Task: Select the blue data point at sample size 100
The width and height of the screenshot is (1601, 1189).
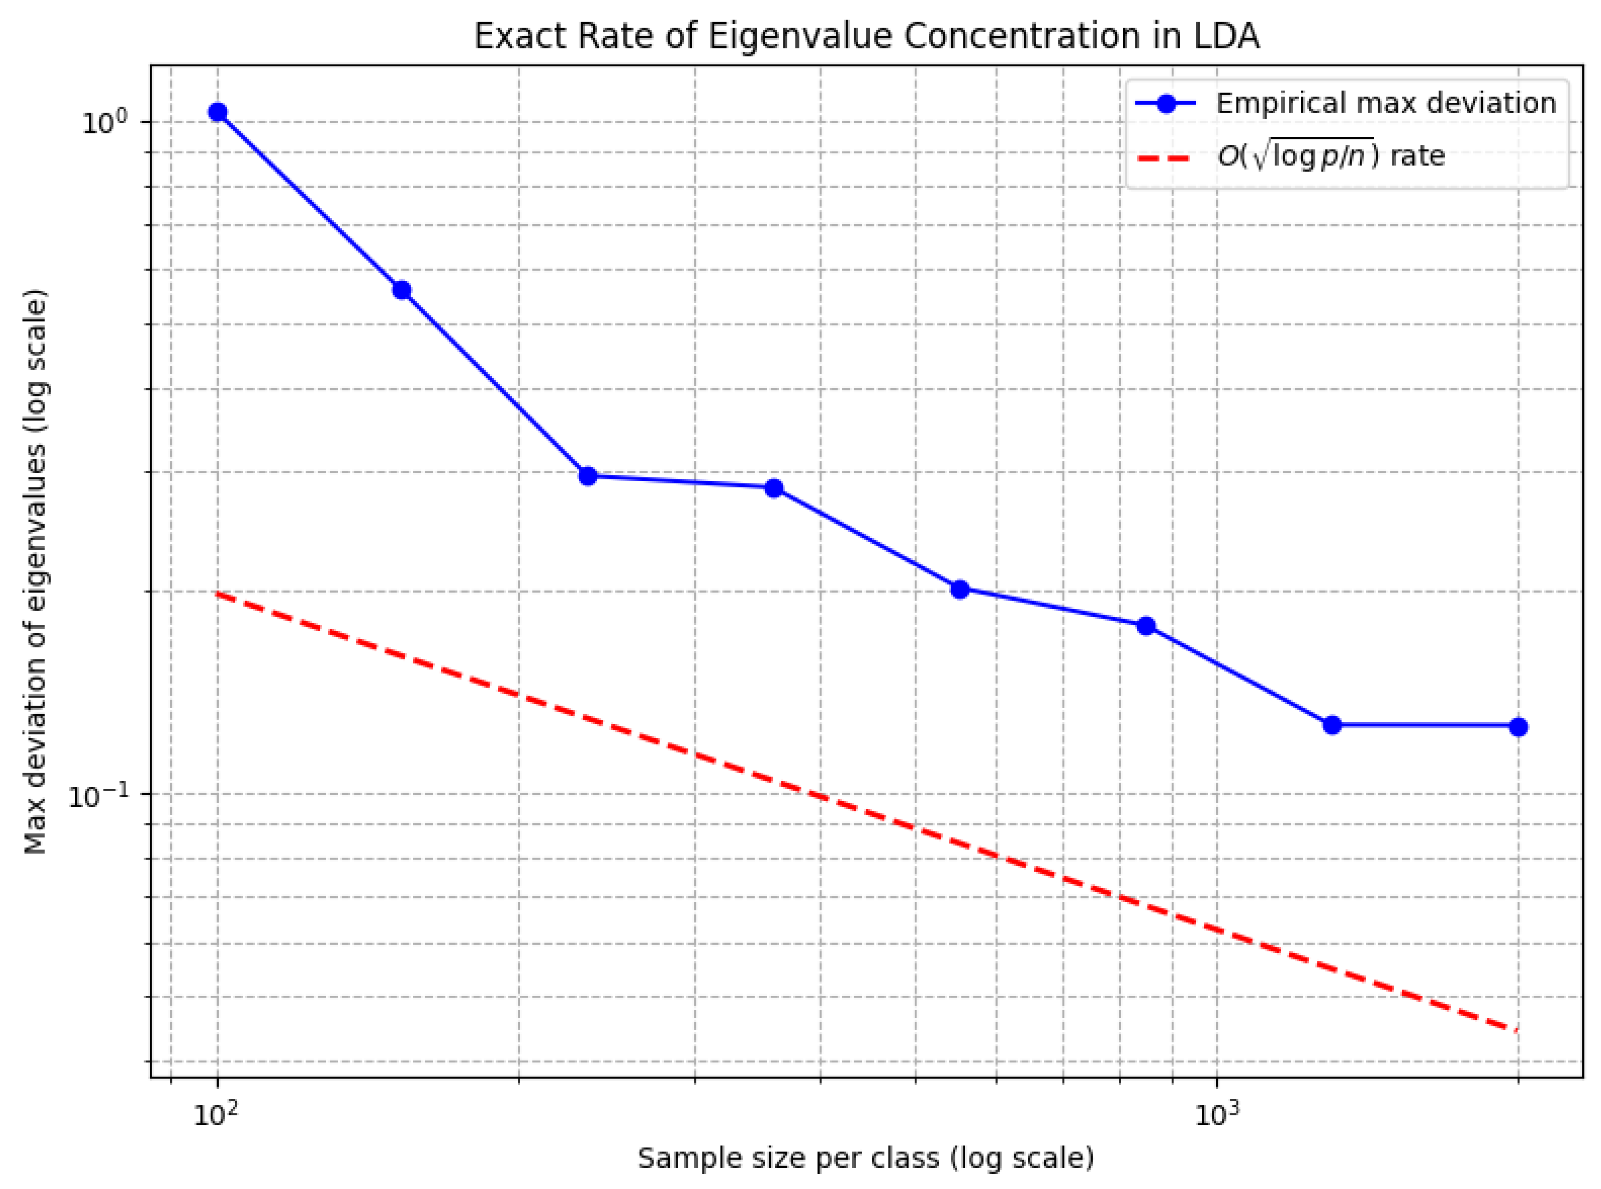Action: tap(217, 112)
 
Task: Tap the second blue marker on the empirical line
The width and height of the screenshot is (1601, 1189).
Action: tap(402, 290)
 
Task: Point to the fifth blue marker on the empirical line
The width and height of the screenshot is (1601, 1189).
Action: tap(960, 590)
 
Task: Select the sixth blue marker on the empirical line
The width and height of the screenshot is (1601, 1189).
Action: tap(1146, 626)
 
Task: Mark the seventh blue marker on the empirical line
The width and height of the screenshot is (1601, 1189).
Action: tap(1333, 725)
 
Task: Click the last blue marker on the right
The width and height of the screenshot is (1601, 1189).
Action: tap(1518, 727)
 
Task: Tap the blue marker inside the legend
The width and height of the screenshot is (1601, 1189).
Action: tap(1167, 104)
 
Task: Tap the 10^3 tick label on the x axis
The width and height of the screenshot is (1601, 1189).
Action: tap(1216, 1115)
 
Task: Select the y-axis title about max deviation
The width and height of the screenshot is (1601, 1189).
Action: tap(36, 572)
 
